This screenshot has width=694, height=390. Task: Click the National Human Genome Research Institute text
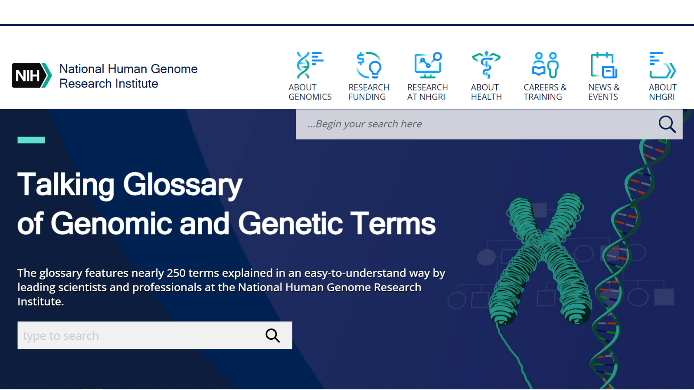coord(128,76)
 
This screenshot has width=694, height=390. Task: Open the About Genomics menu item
coord(310,92)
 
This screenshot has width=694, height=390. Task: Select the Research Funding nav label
coord(368,92)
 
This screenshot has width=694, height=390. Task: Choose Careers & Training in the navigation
coord(545,92)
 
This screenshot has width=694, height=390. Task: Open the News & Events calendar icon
coord(603,65)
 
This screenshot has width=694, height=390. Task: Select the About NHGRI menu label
coord(662,92)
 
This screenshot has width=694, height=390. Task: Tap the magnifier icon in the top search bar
coord(667,124)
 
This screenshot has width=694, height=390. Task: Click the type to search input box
coord(139,335)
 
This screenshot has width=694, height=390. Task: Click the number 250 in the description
coord(176,273)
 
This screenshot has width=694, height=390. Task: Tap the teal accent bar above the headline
coord(31,140)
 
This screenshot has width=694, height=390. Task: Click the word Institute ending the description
coord(40,302)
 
